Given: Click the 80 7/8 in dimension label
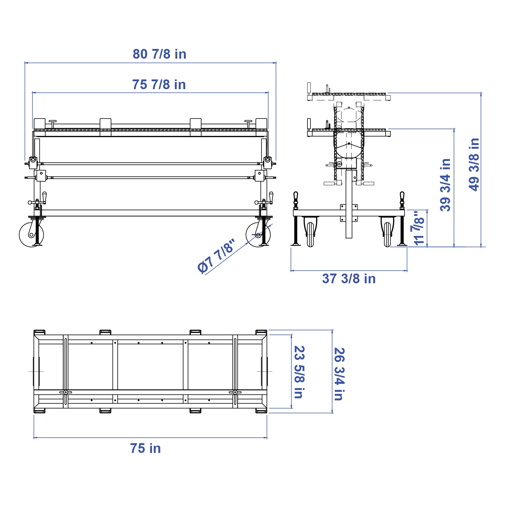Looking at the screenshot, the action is (159, 54).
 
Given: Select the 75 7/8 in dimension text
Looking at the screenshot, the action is (159, 85).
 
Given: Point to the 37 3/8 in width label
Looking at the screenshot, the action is (349, 279).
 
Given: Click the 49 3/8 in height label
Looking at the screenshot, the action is (474, 165).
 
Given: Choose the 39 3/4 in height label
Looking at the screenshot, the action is (445, 185).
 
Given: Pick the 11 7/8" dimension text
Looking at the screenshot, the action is (419, 228).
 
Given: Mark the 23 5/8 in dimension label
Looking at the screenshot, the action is (299, 372).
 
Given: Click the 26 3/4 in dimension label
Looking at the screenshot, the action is (339, 374).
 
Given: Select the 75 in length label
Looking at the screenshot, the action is (145, 448).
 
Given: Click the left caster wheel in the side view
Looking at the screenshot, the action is (31, 235).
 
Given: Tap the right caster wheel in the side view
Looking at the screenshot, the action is (258, 235).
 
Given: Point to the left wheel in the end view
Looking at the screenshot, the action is (310, 235).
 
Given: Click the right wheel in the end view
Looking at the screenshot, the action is (387, 235).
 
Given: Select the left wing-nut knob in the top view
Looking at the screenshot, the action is (65, 392).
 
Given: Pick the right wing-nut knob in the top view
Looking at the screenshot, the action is (235, 392).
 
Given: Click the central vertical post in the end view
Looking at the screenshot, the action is (349, 204).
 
